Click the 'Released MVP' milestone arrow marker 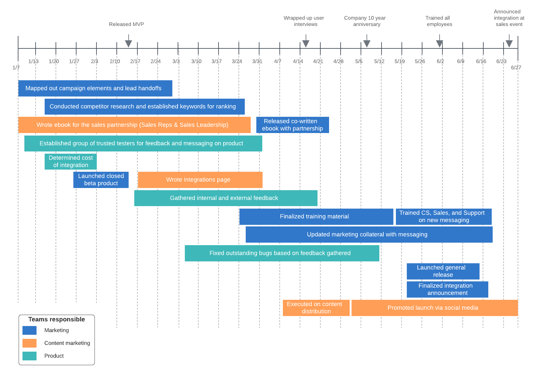(x=128, y=43)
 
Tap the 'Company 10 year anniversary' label (x=365, y=21)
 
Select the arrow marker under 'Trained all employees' (x=440, y=43)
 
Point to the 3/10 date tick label (x=196, y=62)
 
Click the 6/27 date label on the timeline (x=516, y=68)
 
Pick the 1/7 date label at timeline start (x=16, y=68)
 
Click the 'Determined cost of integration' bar (x=71, y=161)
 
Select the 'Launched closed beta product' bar (x=101, y=180)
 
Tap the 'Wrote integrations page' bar (x=200, y=180)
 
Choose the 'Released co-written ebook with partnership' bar (x=293, y=125)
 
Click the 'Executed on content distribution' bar (x=316, y=308)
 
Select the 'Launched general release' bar (x=443, y=271)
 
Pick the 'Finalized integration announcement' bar (x=447, y=289)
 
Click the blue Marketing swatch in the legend (x=30, y=330)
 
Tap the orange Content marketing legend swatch (x=30, y=343)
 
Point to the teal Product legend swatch (x=30, y=356)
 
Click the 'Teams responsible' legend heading (x=57, y=319)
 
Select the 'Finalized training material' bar (x=316, y=217)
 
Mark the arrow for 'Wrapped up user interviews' (x=306, y=43)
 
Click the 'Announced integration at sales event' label (x=509, y=18)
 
